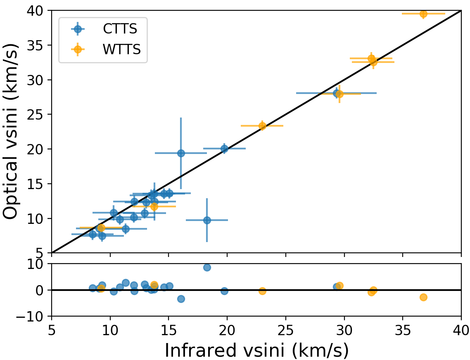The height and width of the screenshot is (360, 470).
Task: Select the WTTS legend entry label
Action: pos(122,49)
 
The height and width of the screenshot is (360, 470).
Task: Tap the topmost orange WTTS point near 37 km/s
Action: pos(423,14)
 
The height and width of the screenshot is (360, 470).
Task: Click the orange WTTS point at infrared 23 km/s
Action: pos(262,126)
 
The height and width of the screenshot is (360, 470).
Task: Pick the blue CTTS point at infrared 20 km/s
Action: pos(224,149)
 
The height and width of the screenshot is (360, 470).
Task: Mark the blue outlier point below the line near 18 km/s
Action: pos(207,220)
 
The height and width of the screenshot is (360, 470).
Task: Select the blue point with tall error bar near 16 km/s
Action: pos(181,153)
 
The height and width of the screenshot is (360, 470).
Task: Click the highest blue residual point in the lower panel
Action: pos(207,267)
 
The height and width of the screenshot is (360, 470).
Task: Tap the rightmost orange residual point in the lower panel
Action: pos(423,297)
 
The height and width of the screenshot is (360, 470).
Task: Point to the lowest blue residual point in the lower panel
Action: pos(181,299)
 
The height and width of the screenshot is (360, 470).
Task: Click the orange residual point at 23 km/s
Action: pos(262,291)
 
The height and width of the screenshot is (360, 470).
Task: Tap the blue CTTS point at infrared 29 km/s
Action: pos(337,93)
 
